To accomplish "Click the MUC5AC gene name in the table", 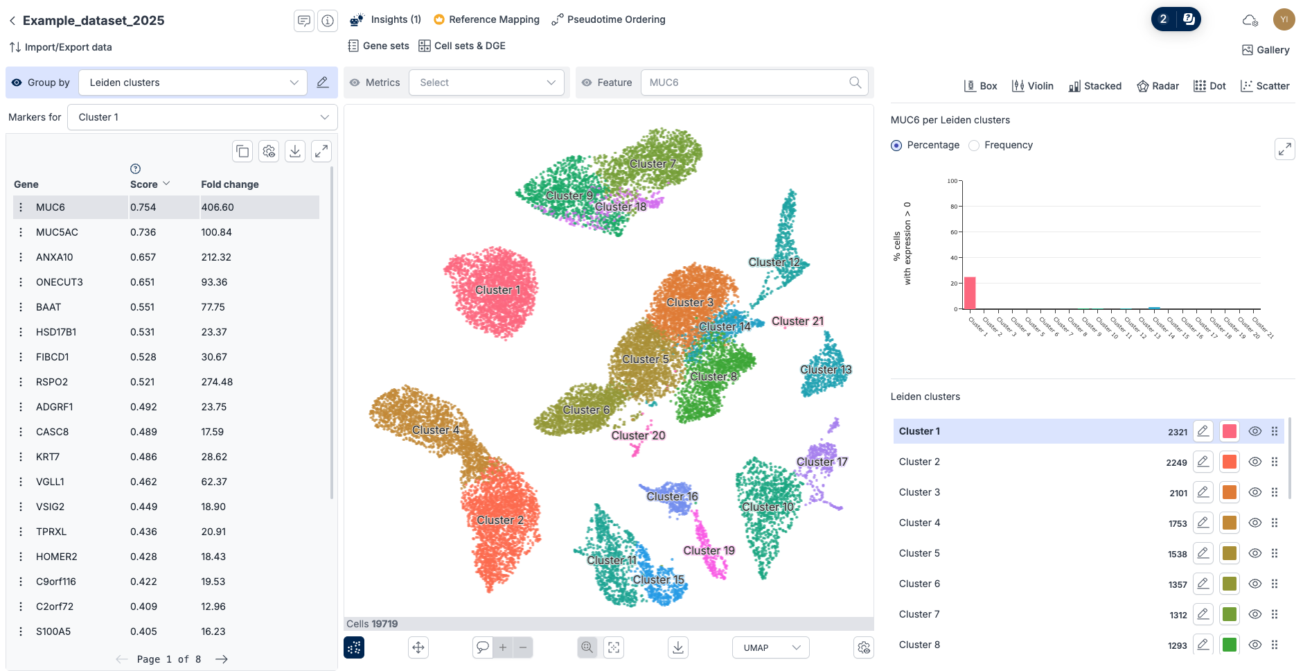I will click(57, 232).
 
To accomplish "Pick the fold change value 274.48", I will click(217, 382).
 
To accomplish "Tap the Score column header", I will click(144, 184).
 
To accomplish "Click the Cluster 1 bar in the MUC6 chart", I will click(970, 293).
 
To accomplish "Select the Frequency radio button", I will click(974, 146).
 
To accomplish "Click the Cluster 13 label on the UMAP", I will click(826, 369).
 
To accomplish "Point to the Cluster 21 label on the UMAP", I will click(797, 321).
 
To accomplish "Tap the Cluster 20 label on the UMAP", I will click(638, 435).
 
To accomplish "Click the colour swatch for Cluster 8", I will click(1230, 645).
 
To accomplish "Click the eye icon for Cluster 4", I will click(1255, 523).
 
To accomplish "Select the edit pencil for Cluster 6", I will click(1203, 584).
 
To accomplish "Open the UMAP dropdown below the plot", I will click(770, 647).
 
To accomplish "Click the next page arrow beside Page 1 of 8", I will click(222, 659).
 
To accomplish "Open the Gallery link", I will click(1266, 50).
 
